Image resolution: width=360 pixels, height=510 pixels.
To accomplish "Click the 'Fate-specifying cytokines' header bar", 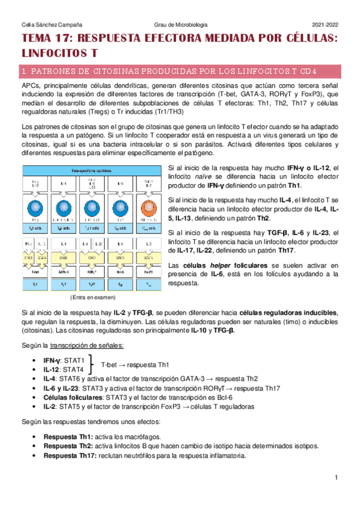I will pos(92,170).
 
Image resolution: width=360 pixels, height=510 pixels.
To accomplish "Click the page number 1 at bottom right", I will pos(337,478).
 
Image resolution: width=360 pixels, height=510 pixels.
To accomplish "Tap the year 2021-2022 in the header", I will pos(325,25).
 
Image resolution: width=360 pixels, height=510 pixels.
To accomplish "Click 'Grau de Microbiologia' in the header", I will pos(180,25).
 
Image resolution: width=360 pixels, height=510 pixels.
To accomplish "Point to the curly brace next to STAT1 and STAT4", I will pos(92,364).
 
